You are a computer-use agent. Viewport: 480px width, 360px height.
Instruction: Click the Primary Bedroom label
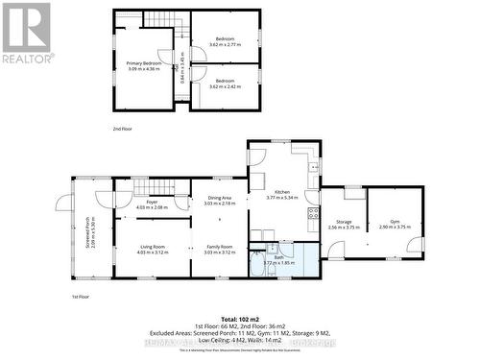(144, 63)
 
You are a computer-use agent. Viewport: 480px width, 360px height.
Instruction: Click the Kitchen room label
(282, 192)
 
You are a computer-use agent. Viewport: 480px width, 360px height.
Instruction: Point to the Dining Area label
(220, 198)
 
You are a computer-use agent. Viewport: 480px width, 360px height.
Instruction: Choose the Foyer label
(152, 202)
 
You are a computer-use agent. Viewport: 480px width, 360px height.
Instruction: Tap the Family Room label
(220, 247)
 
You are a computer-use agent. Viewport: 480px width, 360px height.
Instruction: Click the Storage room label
(343, 222)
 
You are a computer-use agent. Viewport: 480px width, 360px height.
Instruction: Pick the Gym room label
(395, 222)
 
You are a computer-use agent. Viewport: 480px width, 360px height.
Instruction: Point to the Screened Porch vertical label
(87, 230)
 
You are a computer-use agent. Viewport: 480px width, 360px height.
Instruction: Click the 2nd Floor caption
(122, 128)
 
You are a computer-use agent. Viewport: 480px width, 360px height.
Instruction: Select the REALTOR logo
(27, 33)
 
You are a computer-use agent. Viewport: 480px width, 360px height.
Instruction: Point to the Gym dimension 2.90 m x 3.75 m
(395, 228)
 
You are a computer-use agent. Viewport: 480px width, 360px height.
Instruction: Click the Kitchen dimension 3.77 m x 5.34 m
(282, 198)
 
